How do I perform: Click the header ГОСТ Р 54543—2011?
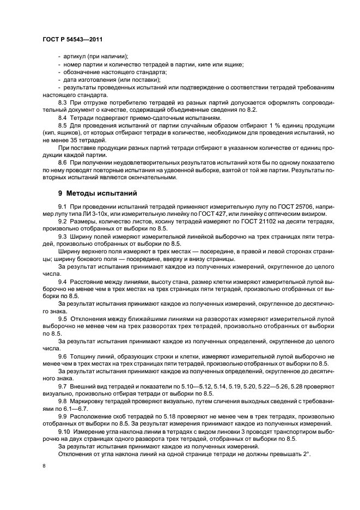coord(72,39)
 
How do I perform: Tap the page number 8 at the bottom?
coord(44,466)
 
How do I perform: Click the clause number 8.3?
coord(63,102)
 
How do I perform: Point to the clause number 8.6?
coord(63,162)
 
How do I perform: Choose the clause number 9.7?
coord(63,386)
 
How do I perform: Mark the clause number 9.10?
coord(64,432)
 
